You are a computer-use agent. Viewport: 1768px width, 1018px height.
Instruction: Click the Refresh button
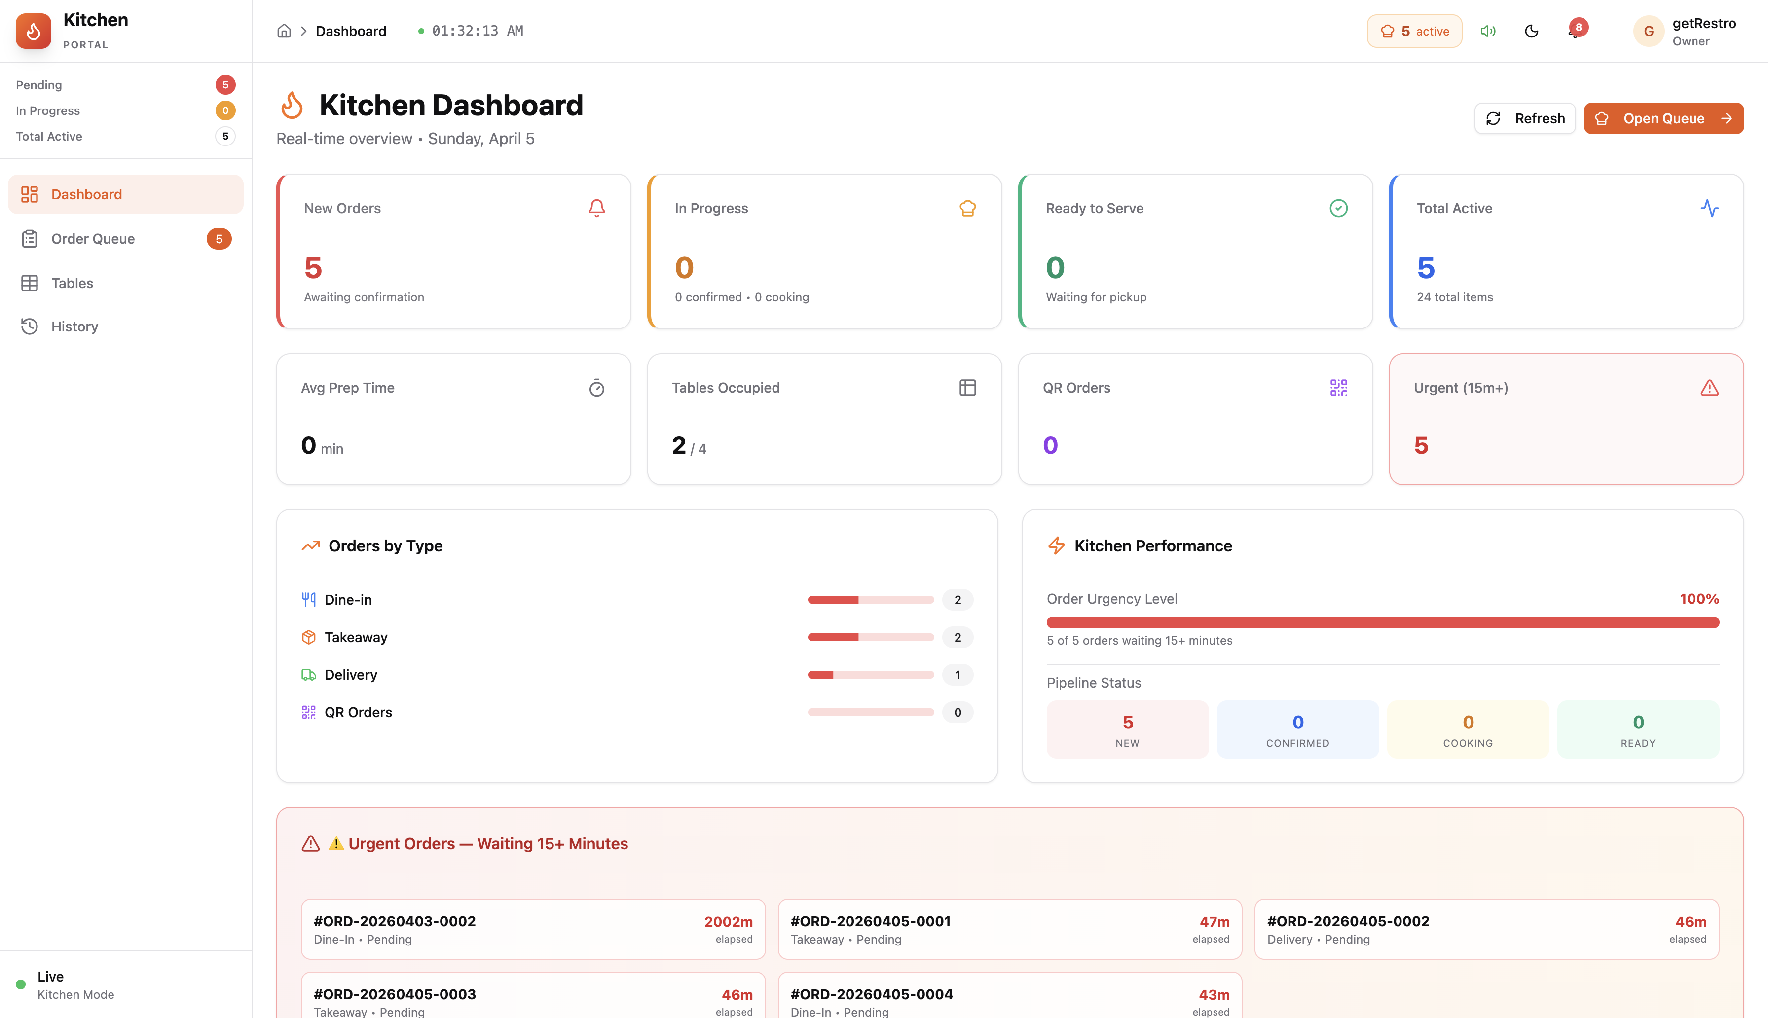(1525, 118)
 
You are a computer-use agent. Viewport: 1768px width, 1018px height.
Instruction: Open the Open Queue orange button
(1662, 118)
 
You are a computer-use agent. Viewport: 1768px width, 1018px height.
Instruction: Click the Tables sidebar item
(72, 283)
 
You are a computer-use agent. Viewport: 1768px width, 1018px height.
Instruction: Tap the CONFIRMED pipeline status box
(1297, 729)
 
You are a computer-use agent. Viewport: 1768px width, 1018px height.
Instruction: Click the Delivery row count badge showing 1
(957, 675)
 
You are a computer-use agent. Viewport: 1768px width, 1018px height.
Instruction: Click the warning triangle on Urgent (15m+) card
(1709, 388)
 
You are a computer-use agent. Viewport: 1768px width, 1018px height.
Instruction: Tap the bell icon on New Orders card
(596, 208)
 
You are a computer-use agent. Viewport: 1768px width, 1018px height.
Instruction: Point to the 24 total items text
(1454, 297)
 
